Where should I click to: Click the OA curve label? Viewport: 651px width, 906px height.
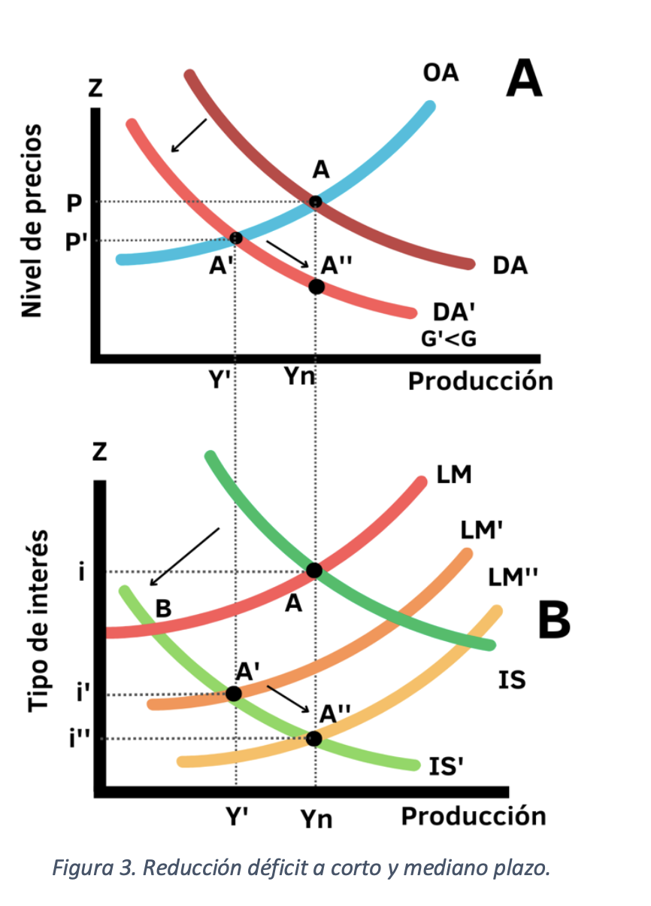tap(441, 73)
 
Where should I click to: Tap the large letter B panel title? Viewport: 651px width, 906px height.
tap(554, 621)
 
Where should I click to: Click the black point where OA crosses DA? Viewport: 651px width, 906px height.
tap(316, 202)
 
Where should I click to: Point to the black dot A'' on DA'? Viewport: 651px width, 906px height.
tap(316, 286)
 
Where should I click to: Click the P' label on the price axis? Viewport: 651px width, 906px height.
tap(76, 241)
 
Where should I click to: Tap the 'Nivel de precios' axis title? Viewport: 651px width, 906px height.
tap(32, 222)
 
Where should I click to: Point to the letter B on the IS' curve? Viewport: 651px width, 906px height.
tap(162, 608)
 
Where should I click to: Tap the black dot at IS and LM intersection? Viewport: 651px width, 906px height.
tap(314, 570)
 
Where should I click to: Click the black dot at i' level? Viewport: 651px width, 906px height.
tap(234, 693)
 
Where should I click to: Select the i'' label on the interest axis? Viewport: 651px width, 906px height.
tap(79, 740)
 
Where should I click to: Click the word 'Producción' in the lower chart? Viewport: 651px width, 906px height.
tap(473, 816)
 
